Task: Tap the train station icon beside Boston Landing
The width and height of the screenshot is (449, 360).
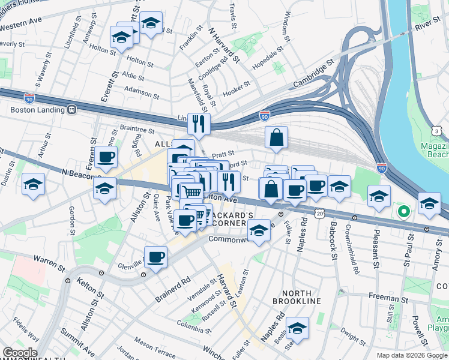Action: click(71, 110)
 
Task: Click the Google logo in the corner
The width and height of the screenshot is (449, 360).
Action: click(19, 353)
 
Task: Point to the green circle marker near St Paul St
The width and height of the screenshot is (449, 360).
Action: click(404, 211)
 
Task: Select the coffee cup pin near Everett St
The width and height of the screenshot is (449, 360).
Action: click(106, 158)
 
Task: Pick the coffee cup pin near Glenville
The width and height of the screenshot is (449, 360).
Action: click(156, 258)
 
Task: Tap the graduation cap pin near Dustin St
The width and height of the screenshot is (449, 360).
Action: click(33, 185)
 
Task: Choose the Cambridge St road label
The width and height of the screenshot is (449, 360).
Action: click(312, 77)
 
